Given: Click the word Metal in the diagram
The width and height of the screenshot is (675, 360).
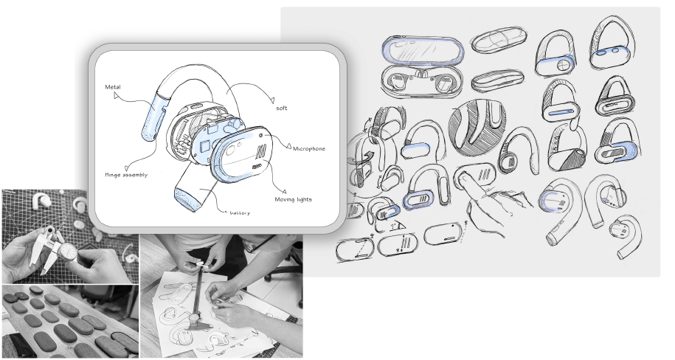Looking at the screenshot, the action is point(113,87).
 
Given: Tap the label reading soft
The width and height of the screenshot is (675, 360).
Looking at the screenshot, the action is point(282,108).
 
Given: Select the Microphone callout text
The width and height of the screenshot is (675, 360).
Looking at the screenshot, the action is point(309,148).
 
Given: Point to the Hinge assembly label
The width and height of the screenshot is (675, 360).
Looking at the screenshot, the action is point(126,175).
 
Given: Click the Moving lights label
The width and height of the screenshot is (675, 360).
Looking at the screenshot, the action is point(293,199).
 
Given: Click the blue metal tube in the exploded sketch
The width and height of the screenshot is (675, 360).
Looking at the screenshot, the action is point(153,115).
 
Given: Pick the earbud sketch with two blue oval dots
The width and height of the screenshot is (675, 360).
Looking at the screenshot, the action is point(612,43).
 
